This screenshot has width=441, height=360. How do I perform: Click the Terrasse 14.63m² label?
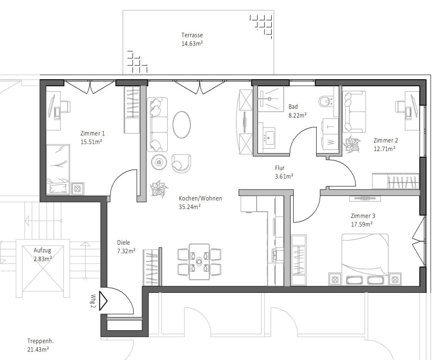[x=192, y=39]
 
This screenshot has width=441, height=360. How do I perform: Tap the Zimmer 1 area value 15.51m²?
[x=91, y=141]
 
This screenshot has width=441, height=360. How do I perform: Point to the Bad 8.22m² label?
[x=297, y=111]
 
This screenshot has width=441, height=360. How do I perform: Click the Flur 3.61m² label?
[x=284, y=172]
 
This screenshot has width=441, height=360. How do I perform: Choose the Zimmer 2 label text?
[x=385, y=140]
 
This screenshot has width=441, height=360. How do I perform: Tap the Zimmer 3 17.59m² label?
[x=362, y=220]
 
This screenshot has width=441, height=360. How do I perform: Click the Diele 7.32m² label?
[x=126, y=246]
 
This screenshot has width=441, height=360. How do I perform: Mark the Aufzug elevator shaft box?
[x=43, y=271]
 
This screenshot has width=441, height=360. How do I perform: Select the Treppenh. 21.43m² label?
[x=38, y=345]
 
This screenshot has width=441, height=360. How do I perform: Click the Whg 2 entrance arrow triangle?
[x=104, y=301]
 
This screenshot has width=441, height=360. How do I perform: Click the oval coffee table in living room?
[x=182, y=124]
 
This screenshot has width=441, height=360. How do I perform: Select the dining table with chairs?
[x=199, y=261]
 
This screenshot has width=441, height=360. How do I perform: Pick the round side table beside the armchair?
[x=159, y=162]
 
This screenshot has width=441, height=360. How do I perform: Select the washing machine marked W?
[x=330, y=142]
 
